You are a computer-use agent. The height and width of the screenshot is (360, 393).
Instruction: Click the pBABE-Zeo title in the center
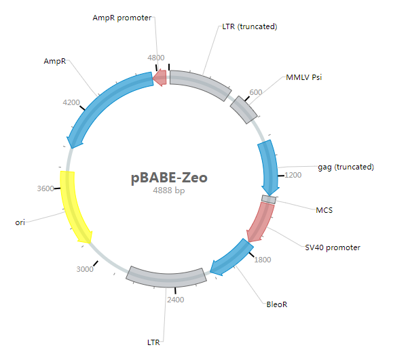[169, 178]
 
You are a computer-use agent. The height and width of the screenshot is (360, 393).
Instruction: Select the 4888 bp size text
[169, 191]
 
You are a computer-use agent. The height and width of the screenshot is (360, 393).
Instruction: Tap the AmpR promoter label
[122, 18]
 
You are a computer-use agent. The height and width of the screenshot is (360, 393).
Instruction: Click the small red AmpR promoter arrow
[160, 78]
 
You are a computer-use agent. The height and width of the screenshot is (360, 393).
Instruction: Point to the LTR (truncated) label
[250, 26]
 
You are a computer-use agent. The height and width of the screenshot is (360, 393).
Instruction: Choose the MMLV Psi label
[304, 77]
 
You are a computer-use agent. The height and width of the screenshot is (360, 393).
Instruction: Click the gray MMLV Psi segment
[244, 110]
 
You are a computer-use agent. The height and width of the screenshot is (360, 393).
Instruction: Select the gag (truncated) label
[346, 167]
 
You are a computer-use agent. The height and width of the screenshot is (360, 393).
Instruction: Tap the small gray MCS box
[269, 199]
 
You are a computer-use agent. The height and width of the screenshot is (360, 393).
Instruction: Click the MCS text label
[324, 210]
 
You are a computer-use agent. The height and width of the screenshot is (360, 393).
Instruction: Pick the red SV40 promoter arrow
[261, 222]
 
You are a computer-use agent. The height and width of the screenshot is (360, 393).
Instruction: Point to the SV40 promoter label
[333, 247]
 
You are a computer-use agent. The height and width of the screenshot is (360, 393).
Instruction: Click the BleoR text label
[277, 304]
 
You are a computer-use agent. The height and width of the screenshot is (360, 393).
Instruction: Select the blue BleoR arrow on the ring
[232, 258]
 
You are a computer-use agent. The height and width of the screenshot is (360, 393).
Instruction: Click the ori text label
[20, 222]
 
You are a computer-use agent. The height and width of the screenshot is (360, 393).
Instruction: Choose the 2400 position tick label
[176, 300]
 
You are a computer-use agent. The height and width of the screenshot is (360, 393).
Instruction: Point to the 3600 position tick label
[45, 188]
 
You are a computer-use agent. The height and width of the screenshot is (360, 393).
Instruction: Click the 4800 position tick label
[156, 58]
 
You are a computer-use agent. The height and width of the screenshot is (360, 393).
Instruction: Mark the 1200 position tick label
[293, 175]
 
